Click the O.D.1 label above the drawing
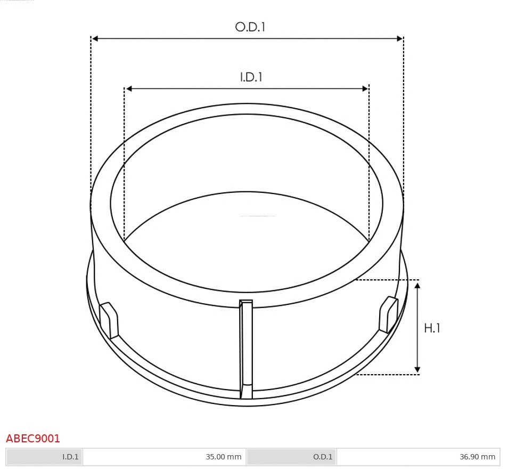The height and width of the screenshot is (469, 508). (250, 27)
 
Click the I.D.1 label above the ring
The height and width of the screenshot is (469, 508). (251, 77)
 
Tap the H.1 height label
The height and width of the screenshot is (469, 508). (432, 328)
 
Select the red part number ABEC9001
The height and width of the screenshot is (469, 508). (33, 439)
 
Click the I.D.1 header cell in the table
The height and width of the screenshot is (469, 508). (45, 457)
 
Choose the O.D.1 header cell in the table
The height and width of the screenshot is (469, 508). (291, 457)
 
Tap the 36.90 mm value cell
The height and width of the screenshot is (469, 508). (418, 457)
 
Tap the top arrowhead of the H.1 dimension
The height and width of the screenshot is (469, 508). (417, 286)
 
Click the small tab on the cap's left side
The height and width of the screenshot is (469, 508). (110, 319)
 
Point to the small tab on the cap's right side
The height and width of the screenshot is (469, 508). (388, 315)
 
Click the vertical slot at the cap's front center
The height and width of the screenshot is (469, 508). (245, 349)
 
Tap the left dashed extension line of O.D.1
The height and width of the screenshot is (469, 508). (91, 117)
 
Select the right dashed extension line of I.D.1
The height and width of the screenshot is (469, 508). (368, 160)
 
